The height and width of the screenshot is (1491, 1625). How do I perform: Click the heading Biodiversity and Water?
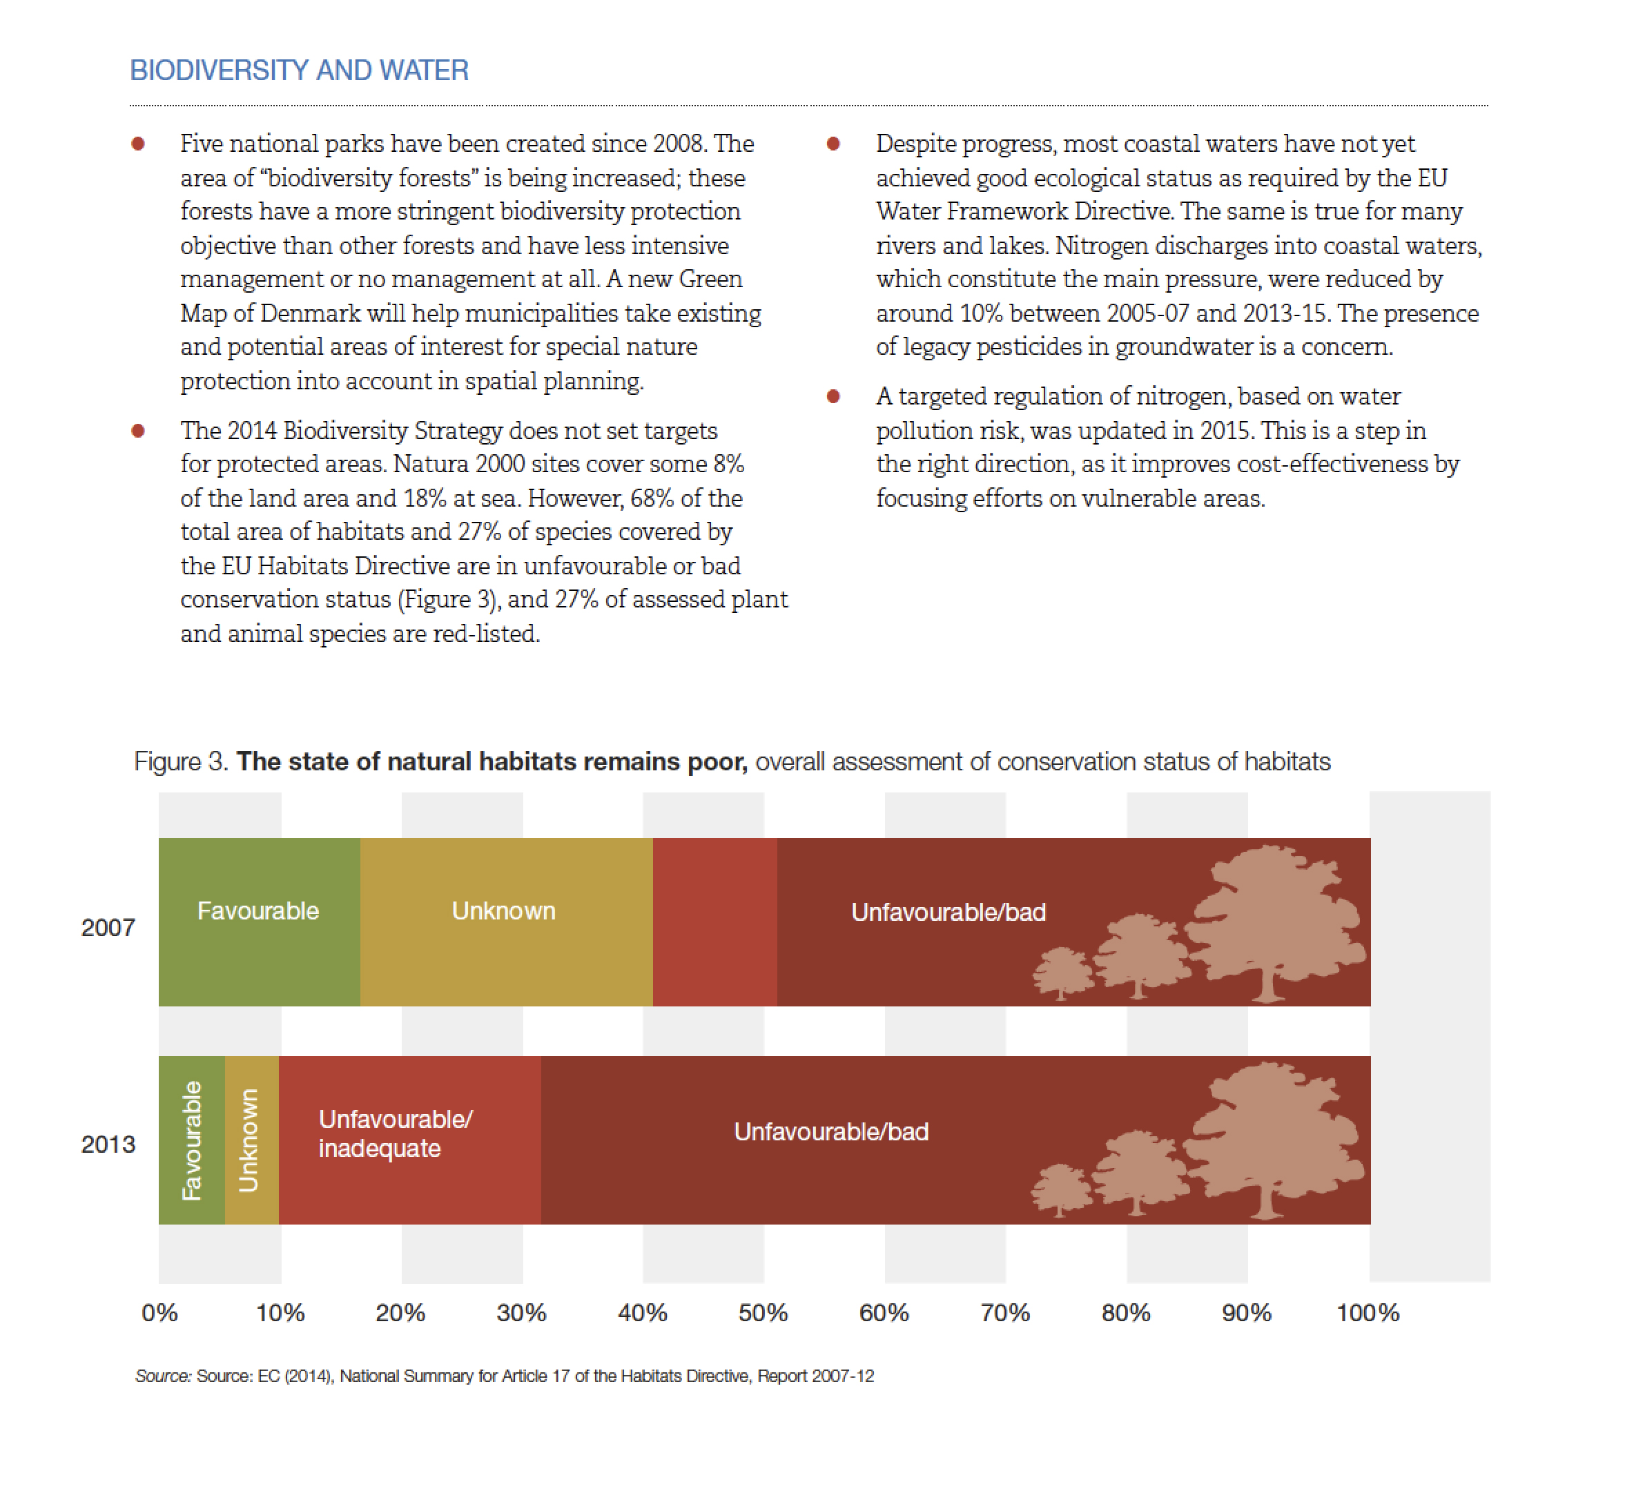300,70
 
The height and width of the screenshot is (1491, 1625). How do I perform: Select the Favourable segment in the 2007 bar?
260,922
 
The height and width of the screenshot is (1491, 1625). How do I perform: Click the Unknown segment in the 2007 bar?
507,922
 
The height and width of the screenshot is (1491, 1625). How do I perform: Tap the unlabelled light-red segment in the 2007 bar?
716,922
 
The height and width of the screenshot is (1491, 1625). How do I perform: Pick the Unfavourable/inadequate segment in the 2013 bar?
410,1140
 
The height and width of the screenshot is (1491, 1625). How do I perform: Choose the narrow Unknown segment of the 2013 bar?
252,1140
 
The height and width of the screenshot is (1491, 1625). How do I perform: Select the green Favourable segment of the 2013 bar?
192,1140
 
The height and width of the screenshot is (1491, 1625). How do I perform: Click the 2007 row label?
108,928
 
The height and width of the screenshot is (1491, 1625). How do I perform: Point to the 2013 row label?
108,1145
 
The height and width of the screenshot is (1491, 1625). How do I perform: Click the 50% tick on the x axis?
763,1314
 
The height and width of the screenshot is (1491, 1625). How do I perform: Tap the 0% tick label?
159,1314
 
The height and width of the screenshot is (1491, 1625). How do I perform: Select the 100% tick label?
1368,1314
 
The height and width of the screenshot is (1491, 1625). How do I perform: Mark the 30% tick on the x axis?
521,1314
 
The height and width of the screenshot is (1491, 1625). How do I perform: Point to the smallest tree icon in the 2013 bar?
1062,1190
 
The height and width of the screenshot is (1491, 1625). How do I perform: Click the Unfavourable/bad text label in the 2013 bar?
831,1132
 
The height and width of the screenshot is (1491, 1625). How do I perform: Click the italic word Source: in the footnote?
164,1376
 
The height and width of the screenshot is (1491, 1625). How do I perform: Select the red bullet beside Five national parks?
138,144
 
